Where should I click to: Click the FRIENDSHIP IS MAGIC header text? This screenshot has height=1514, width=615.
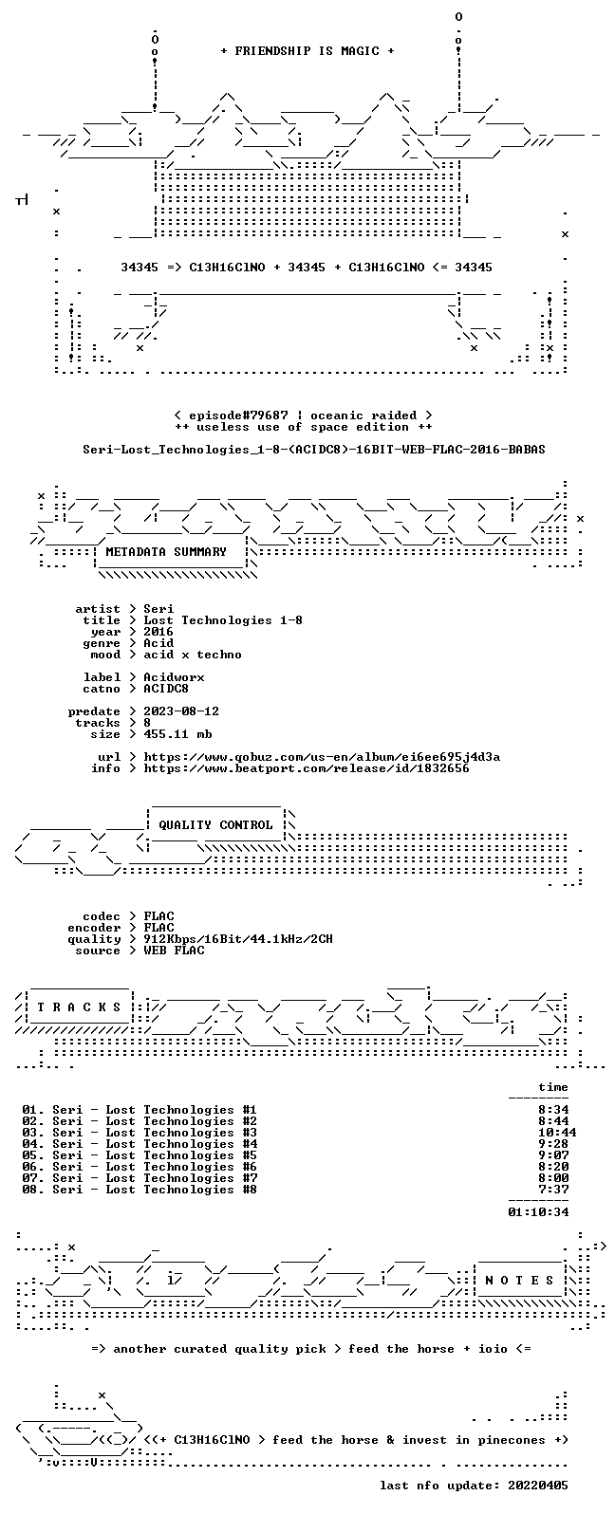tap(307, 50)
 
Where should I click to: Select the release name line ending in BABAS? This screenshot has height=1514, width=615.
tap(314, 449)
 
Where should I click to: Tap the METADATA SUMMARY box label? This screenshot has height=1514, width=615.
tap(166, 551)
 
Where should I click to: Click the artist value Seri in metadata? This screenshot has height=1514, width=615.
tap(158, 609)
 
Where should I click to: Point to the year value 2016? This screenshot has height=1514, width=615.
tap(158, 632)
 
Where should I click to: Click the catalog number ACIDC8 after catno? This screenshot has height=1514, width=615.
tap(166, 689)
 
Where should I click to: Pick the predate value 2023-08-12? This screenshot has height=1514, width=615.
tap(181, 711)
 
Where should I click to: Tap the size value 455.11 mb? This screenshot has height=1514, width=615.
tap(177, 734)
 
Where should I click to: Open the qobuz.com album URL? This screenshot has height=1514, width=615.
tap(322, 757)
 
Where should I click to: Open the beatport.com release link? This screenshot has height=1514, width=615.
tap(307, 768)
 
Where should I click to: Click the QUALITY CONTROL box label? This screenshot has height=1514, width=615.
tap(215, 824)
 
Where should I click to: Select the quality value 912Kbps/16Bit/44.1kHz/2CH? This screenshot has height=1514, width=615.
tap(238, 939)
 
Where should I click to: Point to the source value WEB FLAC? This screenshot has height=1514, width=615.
tap(174, 951)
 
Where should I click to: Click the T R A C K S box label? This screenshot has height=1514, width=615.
tap(79, 1007)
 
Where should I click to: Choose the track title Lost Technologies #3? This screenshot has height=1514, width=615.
tap(181, 1133)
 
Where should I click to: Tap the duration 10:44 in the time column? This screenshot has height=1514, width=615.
tap(557, 1133)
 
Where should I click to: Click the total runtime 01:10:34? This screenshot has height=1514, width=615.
tap(538, 1212)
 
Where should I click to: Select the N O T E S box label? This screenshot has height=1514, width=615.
tap(519, 1280)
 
